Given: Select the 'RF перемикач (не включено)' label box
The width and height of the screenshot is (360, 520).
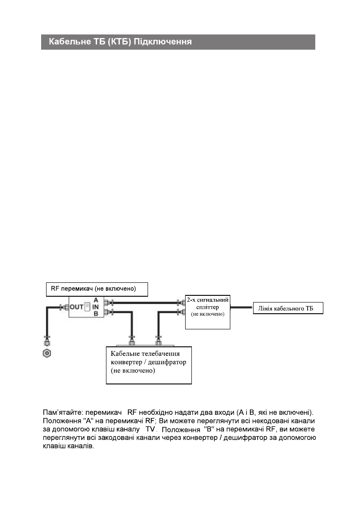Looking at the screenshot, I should click(x=97, y=289).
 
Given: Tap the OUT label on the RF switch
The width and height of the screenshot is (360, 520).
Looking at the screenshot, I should click(x=76, y=307).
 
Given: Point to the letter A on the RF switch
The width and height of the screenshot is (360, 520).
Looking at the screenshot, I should click(x=96, y=300).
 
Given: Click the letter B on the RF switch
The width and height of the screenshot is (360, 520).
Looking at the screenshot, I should click(x=96, y=314).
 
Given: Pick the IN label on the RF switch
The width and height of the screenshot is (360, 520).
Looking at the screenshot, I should click(x=96, y=307).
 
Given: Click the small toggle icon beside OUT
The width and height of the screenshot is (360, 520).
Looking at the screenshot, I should click(x=88, y=307).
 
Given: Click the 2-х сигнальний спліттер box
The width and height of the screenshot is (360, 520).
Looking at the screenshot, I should click(x=208, y=311).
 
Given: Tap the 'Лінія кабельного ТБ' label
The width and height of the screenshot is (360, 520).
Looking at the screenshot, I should click(x=288, y=308).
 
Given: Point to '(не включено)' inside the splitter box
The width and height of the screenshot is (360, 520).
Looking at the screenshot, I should click(x=208, y=315).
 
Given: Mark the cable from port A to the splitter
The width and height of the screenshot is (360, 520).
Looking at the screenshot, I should click(x=148, y=302).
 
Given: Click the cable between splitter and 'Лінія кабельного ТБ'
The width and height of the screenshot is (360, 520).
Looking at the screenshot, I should click(x=241, y=308).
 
